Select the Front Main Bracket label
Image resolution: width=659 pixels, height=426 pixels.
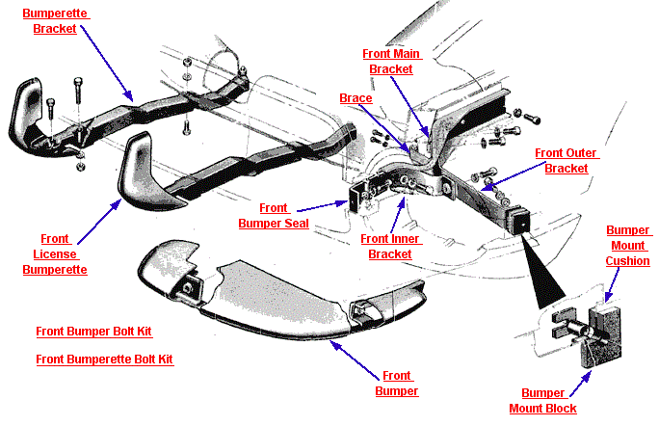pos(390,62)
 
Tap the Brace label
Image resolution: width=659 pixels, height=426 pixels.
pos(356,98)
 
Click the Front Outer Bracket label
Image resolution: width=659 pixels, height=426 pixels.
pos(566,161)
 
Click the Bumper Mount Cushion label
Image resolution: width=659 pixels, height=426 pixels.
pos(628,246)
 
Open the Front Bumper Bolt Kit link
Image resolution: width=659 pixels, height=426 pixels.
pos(93,332)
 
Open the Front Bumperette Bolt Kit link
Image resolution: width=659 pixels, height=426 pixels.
pos(104,359)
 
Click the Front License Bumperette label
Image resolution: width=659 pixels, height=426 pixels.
pos(55,254)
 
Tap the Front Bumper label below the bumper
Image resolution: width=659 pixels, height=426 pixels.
pos(396,384)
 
